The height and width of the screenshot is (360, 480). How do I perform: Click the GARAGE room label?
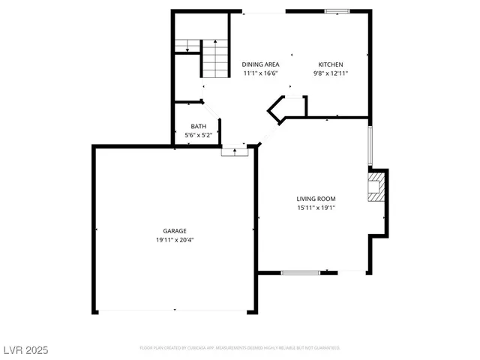click(175, 231)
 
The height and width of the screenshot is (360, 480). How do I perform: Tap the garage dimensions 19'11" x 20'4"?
click(175, 240)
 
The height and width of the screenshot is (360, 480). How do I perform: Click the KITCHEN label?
click(331, 64)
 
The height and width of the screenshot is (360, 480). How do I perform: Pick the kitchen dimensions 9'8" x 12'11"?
click(331, 73)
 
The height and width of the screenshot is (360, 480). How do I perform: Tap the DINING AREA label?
click(260, 64)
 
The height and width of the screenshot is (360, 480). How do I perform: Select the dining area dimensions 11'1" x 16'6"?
click(260, 73)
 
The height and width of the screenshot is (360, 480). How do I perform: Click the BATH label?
click(198, 126)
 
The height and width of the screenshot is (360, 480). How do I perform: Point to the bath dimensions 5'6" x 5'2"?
click(199, 135)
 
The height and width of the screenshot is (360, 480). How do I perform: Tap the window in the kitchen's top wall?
click(337, 11)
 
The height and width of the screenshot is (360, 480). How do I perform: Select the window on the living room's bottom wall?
click(300, 272)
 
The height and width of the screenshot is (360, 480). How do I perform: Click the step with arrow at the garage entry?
click(235, 151)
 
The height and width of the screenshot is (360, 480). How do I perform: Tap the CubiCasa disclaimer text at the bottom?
click(240, 348)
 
